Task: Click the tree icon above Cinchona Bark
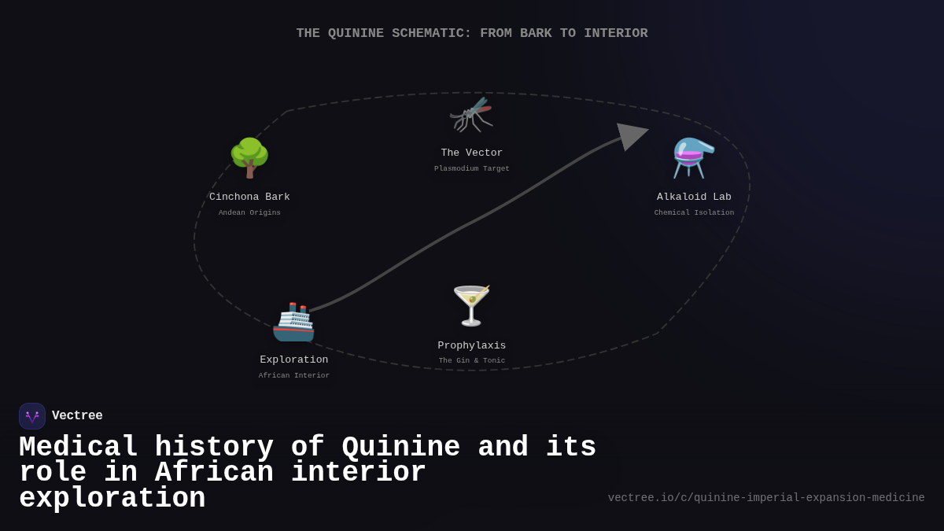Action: pos(249,157)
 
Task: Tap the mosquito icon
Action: pos(471,115)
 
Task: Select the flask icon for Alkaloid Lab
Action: pos(694,157)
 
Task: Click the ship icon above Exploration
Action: pos(293,322)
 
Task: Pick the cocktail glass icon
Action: pos(471,305)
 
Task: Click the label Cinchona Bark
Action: pos(249,197)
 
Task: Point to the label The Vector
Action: pos(471,153)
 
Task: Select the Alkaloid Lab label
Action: pos(694,197)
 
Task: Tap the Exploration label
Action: pos(294,360)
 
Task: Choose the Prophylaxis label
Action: pos(471,346)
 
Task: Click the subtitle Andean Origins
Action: pos(249,213)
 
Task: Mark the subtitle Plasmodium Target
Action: pos(471,169)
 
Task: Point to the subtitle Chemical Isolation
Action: pos(694,213)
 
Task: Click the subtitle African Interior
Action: pos(294,376)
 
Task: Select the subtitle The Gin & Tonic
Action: pos(471,361)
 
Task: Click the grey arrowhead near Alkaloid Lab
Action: pos(631,135)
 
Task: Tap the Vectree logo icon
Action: pos(32,416)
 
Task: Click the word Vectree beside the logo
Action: pos(77,416)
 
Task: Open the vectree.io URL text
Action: pos(766,498)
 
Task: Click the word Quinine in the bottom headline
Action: pos(400,448)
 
